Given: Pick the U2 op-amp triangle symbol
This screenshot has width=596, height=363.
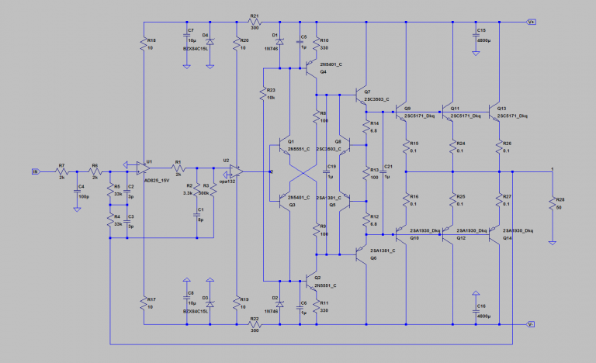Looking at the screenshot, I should (x=235, y=171).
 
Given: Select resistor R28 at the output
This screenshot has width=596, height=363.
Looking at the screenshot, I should (x=552, y=205).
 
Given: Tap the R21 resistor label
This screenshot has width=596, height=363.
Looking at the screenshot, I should (x=254, y=16).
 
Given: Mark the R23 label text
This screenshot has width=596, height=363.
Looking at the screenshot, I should (x=272, y=90).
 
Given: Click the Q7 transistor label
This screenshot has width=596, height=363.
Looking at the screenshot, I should (x=367, y=92).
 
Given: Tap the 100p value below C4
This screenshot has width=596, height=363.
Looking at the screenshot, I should (x=84, y=198).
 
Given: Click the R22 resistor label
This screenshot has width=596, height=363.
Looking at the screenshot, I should (x=254, y=318).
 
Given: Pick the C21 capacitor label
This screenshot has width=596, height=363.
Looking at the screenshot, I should (x=389, y=167).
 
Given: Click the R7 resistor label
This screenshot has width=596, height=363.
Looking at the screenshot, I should (x=61, y=165).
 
